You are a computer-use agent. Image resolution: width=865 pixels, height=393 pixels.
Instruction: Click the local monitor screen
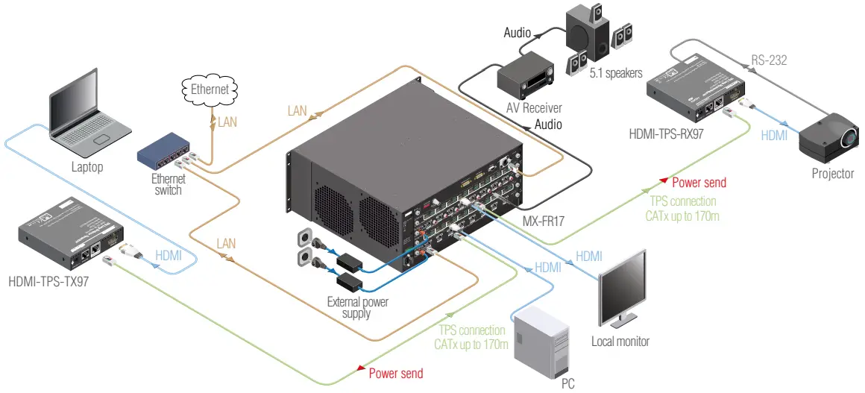point(623,287)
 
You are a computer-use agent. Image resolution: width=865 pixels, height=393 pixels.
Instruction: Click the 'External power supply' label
point(357,308)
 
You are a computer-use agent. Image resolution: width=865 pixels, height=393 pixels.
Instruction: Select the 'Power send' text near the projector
point(699,183)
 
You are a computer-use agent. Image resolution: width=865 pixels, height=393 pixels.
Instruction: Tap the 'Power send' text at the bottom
point(396,374)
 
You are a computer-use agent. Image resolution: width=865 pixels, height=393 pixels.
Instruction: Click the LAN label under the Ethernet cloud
point(227,122)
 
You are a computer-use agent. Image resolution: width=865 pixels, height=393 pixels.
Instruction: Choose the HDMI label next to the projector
point(774,136)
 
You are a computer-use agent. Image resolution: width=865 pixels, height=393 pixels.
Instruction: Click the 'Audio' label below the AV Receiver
point(548,125)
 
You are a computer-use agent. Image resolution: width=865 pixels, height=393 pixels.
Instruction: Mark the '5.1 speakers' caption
point(615,74)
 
